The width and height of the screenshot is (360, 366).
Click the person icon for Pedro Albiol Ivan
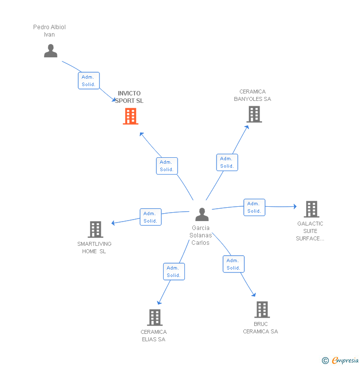point(50,51)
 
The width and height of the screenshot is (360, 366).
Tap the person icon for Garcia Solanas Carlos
point(202,214)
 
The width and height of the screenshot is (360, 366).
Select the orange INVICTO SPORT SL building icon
point(130,116)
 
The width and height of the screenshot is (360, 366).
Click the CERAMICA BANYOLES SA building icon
point(254,114)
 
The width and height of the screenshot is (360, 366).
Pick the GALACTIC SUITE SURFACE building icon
point(311,209)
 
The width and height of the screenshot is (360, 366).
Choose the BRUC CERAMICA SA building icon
point(262,310)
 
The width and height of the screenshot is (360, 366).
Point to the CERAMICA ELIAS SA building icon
point(155,318)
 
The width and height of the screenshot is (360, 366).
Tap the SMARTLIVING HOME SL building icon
point(95,229)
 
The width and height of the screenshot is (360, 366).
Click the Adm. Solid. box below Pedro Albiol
point(89,81)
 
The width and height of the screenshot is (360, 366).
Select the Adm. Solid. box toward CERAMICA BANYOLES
point(227,162)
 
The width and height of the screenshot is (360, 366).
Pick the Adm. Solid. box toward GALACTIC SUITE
point(254,207)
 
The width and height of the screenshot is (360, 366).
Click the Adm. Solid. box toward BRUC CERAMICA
point(233,264)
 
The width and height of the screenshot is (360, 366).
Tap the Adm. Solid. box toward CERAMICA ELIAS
point(174,272)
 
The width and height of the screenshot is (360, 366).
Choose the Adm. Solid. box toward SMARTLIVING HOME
point(150,217)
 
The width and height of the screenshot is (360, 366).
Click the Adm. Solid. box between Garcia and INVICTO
point(167,166)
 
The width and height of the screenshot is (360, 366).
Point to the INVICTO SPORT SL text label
point(129,97)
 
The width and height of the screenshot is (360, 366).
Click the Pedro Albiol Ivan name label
point(49,31)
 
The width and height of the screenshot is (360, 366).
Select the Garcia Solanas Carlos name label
point(200,235)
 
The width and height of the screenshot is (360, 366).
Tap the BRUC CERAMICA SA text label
point(261,328)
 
